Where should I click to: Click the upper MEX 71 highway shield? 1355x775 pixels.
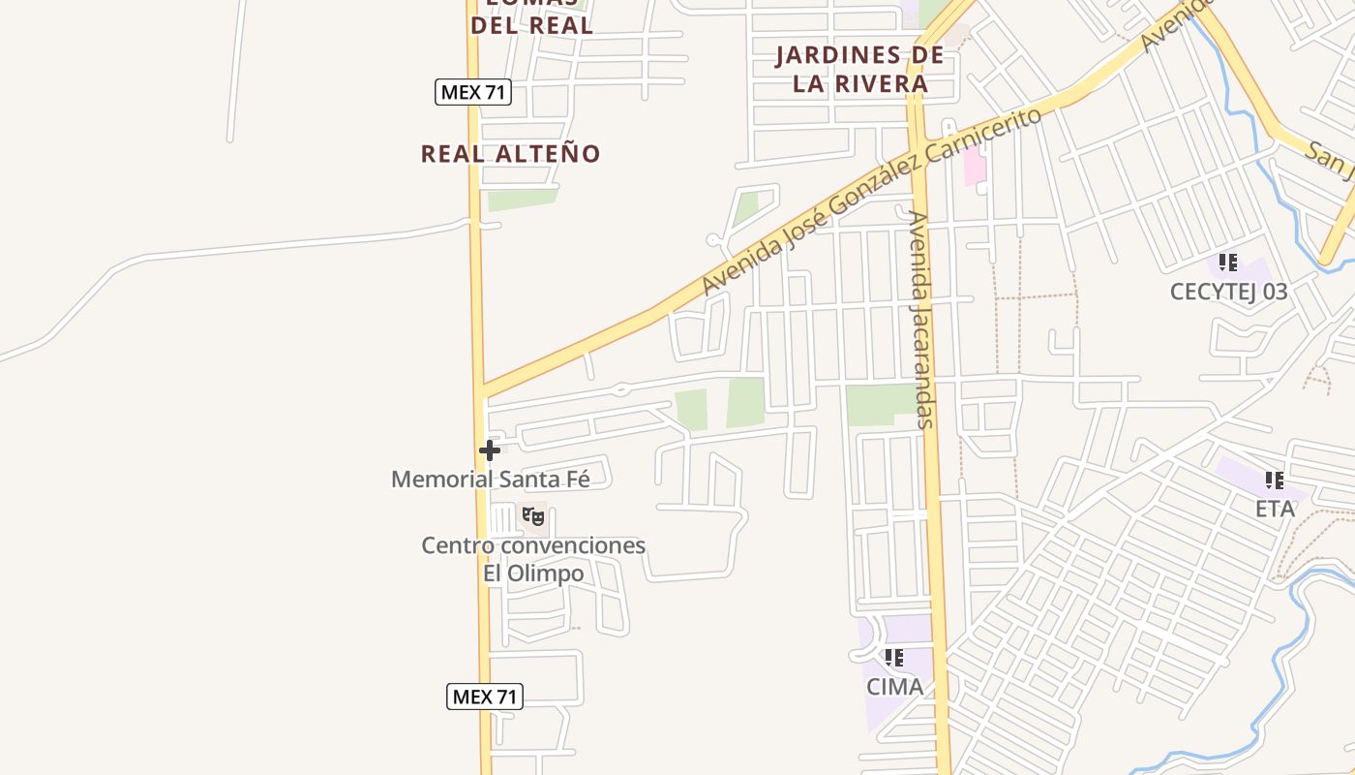(x=472, y=92)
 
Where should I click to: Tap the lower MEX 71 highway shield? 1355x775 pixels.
(x=485, y=696)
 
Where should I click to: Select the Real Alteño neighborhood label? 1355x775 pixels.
(x=510, y=153)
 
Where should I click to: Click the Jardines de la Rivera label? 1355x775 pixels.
(x=859, y=69)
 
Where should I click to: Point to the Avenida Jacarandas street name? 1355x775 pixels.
(x=921, y=320)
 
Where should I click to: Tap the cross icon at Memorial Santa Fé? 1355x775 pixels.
(x=489, y=449)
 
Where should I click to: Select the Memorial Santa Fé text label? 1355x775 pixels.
(x=490, y=479)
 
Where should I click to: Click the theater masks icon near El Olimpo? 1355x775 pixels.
(x=533, y=516)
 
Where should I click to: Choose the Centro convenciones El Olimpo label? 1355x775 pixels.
(x=533, y=559)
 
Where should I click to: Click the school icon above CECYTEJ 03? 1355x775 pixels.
(x=1228, y=262)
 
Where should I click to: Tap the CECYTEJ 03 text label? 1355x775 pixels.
(x=1228, y=292)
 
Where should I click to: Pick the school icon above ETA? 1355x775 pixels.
(x=1275, y=480)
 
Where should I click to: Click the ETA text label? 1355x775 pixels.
(x=1275, y=509)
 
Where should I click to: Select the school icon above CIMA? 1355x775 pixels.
(x=894, y=658)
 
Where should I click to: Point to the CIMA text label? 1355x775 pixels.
(x=894, y=687)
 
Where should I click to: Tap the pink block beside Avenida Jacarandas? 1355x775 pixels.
(x=974, y=168)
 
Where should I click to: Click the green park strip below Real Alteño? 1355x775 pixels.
(x=522, y=200)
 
